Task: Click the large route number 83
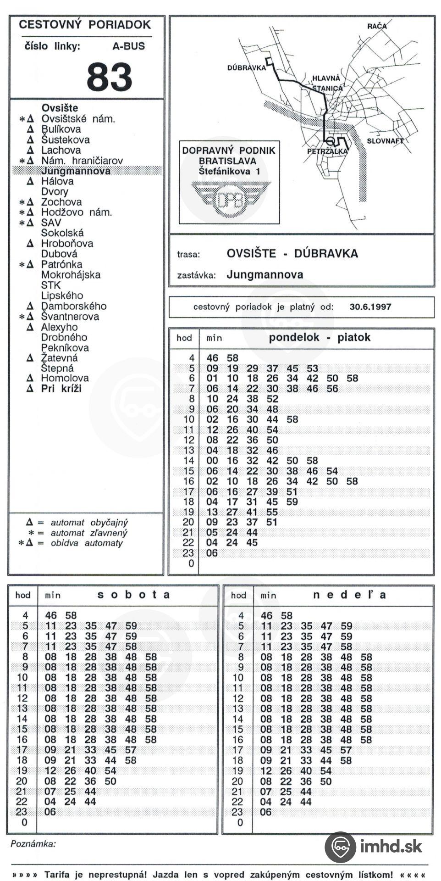coord(109,77)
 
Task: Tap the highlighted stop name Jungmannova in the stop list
coord(76,171)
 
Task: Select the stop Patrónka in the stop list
coord(61,264)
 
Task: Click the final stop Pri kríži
coord(61,389)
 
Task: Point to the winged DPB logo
coord(231,199)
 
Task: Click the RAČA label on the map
coord(376,26)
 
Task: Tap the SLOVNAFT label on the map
coord(385,141)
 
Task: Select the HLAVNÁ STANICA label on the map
coord(326,83)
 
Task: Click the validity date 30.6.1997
coord(370,307)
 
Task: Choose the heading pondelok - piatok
coord(319,338)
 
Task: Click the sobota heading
coord(133,595)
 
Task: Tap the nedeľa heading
coord(349,595)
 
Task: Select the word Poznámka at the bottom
coord(33,844)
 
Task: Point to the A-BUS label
coord(128,46)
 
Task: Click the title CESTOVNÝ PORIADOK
coord(85,25)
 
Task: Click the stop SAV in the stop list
coord(51,223)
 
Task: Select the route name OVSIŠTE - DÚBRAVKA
coord(292,254)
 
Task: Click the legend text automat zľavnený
coord(89,533)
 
